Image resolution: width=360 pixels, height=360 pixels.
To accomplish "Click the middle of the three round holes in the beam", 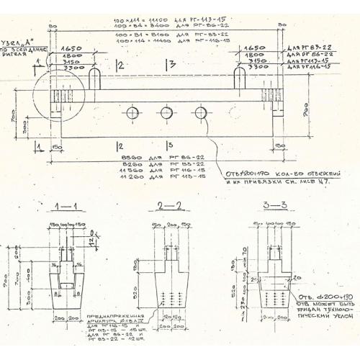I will pyautogui.click(x=166, y=112).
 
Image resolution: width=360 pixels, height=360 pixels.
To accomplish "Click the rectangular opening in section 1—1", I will pyautogui.click(x=65, y=286).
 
